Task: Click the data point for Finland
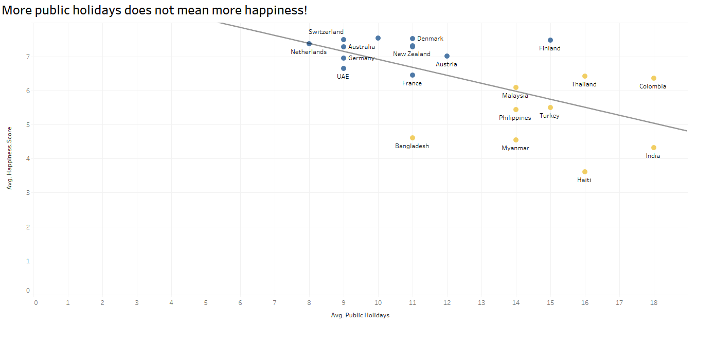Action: point(550,40)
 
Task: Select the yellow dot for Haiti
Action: point(585,172)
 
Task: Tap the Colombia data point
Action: point(654,78)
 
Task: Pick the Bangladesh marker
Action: point(413,138)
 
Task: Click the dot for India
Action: point(654,148)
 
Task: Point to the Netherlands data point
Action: point(309,44)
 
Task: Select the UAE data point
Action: point(344,68)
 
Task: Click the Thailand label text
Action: point(584,84)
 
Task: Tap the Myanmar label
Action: point(515,148)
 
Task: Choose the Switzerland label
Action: point(326,32)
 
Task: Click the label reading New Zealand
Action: point(412,54)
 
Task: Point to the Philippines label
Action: point(515,118)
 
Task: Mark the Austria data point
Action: point(447,56)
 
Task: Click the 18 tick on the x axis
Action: point(654,303)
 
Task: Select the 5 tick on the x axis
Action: point(206,303)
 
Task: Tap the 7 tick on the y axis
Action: point(28,57)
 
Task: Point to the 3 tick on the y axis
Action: point(28,193)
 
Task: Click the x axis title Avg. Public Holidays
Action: point(360,315)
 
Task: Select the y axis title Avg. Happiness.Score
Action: point(9,158)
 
